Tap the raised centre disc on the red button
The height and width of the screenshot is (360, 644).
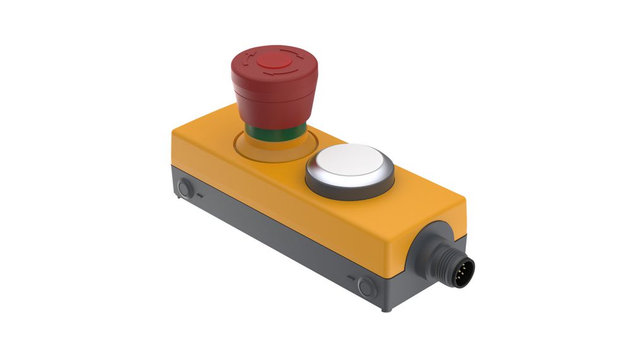[272, 62]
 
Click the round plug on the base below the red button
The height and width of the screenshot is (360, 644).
[184, 188]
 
